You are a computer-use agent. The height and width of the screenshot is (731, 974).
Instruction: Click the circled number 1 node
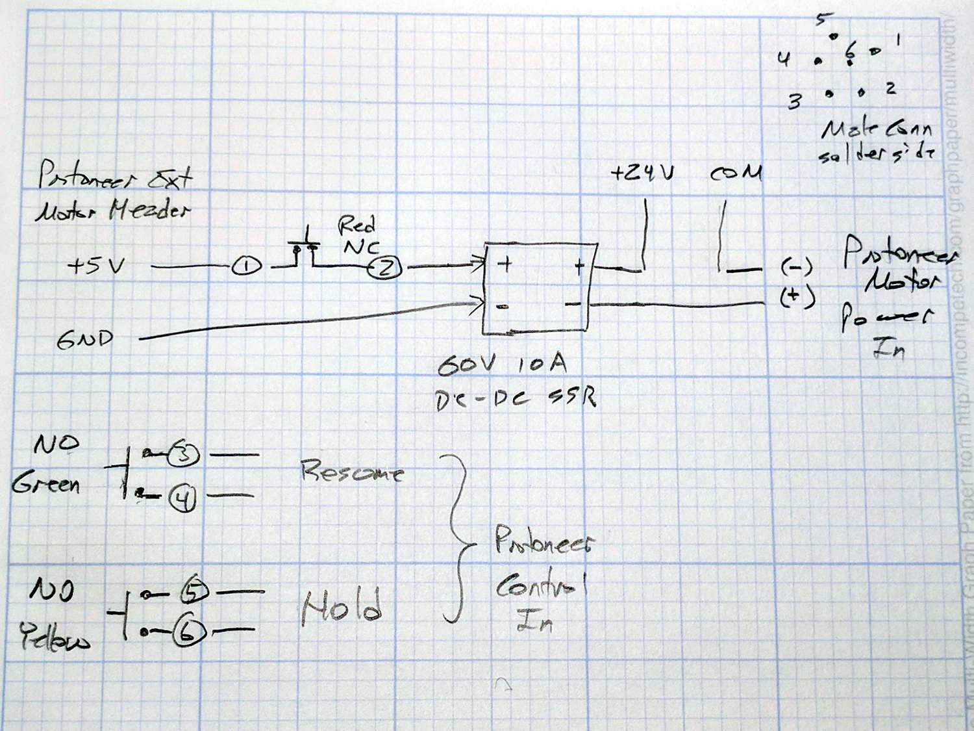coord(247,266)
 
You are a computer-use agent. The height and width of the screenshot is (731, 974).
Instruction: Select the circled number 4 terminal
coord(183,499)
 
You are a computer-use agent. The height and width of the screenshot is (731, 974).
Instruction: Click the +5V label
coord(95,266)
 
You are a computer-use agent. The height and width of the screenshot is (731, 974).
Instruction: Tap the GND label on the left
coord(84,340)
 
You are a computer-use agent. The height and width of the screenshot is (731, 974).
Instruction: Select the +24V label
coord(642,173)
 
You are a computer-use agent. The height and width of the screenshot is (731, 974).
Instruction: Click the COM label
coord(735,173)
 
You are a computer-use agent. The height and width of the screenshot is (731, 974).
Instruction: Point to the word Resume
coord(352,471)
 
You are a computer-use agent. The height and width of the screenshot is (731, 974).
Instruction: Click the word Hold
coord(342,608)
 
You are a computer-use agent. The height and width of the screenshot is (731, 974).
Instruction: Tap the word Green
coord(45,484)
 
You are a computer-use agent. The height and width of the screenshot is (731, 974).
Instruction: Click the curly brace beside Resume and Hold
coord(458,537)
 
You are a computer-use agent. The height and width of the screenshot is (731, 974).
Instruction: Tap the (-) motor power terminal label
coord(796,267)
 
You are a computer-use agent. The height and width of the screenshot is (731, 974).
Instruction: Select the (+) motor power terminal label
coord(797,297)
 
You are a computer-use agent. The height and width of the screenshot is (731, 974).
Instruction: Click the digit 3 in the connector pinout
coord(794,102)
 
